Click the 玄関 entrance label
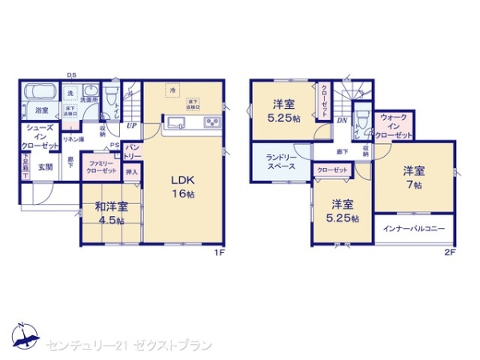[x=46, y=167]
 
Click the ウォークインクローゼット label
[x=396, y=127]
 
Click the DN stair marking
[x=342, y=121]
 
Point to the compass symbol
[x=26, y=336]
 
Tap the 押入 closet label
[x=133, y=170]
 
